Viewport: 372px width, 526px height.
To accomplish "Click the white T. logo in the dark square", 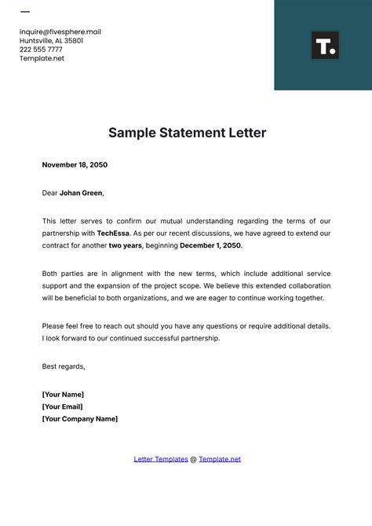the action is [x=324, y=46].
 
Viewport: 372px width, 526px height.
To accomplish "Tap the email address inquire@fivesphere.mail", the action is [x=60, y=32].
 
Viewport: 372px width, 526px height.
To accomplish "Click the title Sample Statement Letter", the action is [x=187, y=133].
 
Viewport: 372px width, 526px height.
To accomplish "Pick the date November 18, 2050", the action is [x=75, y=165].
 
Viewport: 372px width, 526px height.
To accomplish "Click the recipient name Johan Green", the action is [x=81, y=193].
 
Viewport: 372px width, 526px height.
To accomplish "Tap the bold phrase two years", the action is [x=126, y=245].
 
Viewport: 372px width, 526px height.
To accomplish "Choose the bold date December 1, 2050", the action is [x=210, y=245].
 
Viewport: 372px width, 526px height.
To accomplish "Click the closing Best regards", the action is [x=64, y=366].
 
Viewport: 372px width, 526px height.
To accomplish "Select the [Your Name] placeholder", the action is [x=63, y=394].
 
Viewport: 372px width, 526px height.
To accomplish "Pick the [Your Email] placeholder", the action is [x=63, y=406].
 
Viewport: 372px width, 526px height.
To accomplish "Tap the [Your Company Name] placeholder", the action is [x=80, y=419].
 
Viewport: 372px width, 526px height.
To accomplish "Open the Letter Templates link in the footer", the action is [x=161, y=459].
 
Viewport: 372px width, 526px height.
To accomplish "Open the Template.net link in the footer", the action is [x=220, y=459].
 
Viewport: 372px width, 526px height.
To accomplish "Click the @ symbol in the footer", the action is [x=193, y=459].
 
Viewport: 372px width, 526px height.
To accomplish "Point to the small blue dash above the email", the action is [x=25, y=12].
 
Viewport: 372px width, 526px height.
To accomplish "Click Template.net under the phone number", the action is [x=42, y=58].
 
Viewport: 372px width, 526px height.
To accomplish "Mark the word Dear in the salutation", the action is [x=49, y=193].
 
